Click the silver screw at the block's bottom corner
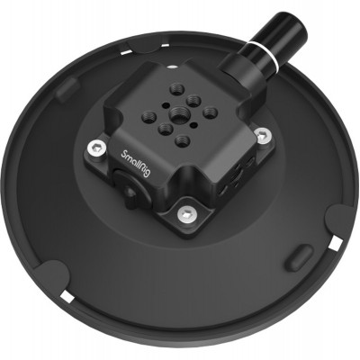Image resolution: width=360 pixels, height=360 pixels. [x=185, y=213]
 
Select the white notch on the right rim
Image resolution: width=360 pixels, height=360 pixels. [x=336, y=244]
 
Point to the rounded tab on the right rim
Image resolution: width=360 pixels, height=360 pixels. [x=341, y=220]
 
